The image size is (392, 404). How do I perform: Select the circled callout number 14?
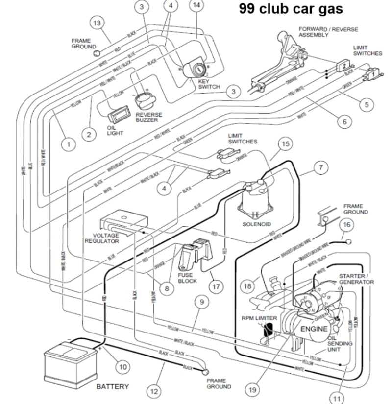pyautogui.click(x=196, y=5)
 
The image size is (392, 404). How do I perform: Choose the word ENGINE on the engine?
pyautogui.click(x=314, y=329)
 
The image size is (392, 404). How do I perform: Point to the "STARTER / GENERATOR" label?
pyautogui.click(x=356, y=279)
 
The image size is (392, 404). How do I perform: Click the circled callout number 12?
pyautogui.click(x=154, y=391)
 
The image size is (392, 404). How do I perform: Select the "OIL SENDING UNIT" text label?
pyautogui.click(x=340, y=344)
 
